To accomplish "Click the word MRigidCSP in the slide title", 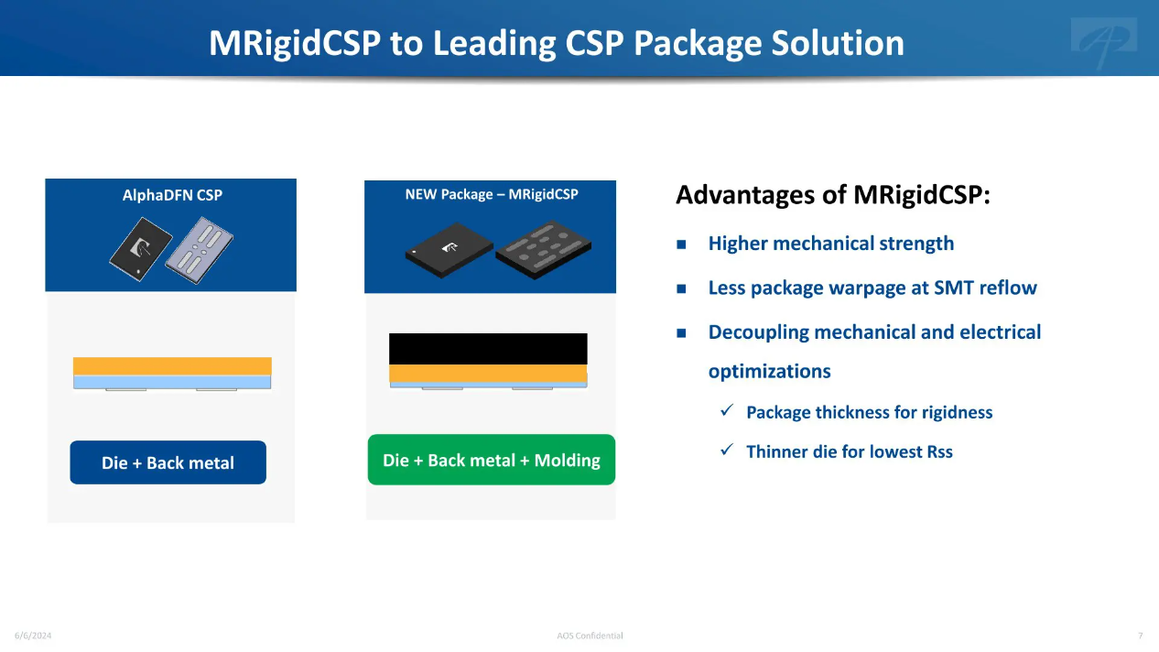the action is (295, 43).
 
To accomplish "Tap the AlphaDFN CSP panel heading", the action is (172, 195).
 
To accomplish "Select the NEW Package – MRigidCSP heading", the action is (492, 194).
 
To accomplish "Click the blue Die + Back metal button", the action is (168, 462).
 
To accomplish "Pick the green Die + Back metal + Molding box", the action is (492, 460).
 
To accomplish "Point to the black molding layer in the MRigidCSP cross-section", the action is (488, 349).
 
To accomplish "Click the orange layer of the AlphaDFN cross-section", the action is (172, 366).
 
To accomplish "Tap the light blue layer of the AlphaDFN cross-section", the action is (172, 382).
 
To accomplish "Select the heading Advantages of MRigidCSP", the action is (833, 195).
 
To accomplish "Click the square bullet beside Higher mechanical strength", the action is (681, 244).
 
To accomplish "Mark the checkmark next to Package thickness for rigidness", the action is (727, 410).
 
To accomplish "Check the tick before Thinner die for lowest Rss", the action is (727, 450).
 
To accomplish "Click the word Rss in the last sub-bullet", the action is (939, 451).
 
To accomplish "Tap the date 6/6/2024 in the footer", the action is (33, 636).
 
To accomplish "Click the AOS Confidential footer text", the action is (590, 636).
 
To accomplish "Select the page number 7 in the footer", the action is (1141, 636).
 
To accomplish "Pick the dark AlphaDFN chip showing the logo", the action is (141, 249).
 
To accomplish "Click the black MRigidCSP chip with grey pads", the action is (543, 249).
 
